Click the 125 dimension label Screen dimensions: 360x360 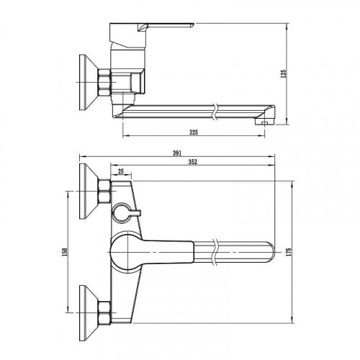tap(284, 73)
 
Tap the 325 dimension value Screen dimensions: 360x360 tap(194, 132)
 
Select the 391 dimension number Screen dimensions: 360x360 tap(177, 153)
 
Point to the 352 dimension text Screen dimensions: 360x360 tap(192, 162)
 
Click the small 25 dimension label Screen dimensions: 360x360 tap(121, 171)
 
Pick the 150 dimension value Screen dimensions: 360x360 tap(65, 252)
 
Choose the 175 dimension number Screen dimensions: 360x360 tap(289, 252)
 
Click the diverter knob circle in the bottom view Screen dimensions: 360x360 tap(121, 212)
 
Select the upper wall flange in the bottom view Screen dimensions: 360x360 tap(88, 192)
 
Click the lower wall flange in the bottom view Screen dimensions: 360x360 tap(88, 313)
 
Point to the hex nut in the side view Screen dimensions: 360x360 tap(104, 82)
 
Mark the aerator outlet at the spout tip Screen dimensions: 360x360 tap(264, 123)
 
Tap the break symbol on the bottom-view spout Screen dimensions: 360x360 tap(215, 252)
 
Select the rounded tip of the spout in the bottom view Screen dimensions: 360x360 tap(271, 252)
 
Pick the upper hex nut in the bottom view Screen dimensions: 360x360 tap(104, 192)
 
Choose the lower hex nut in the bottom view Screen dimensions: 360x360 tap(104, 313)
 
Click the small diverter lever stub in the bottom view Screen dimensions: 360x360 tap(135, 212)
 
